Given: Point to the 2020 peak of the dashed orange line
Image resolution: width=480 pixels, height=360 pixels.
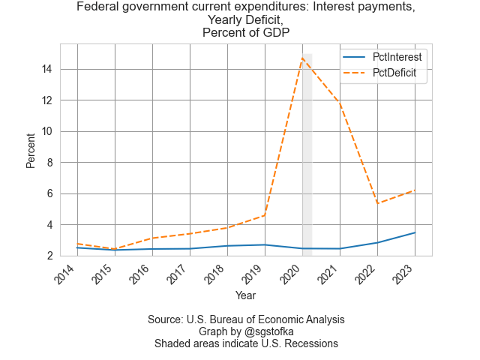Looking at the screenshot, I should pyautogui.click(x=302, y=58).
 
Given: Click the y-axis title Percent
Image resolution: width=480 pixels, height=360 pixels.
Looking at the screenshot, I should pyautogui.click(x=31, y=150).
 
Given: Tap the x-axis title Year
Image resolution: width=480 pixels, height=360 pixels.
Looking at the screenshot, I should pyautogui.click(x=245, y=295).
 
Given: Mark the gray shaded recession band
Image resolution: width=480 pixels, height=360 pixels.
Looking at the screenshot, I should pyautogui.click(x=307, y=150).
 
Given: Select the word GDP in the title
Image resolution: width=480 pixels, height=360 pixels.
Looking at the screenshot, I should pyautogui.click(x=274, y=32).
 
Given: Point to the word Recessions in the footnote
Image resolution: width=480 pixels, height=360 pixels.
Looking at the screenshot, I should pyautogui.click(x=308, y=343).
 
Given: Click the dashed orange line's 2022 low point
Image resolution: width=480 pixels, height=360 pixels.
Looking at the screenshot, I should pyautogui.click(x=377, y=203).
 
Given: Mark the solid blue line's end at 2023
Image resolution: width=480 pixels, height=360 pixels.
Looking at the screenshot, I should pyautogui.click(x=415, y=232).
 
